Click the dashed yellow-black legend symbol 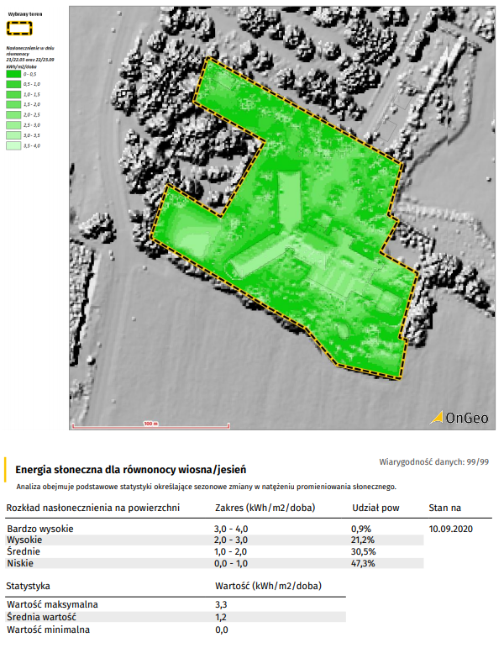(19, 28)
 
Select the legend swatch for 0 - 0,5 (13, 74)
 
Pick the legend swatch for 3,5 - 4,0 (13, 145)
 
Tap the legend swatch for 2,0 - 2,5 (13, 114)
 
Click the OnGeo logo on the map (454, 417)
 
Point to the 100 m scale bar (150, 425)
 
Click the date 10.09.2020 (452, 529)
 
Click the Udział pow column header (375, 508)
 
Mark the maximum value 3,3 (222, 604)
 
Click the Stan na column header (445, 508)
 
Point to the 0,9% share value (363, 529)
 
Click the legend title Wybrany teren (25, 14)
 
